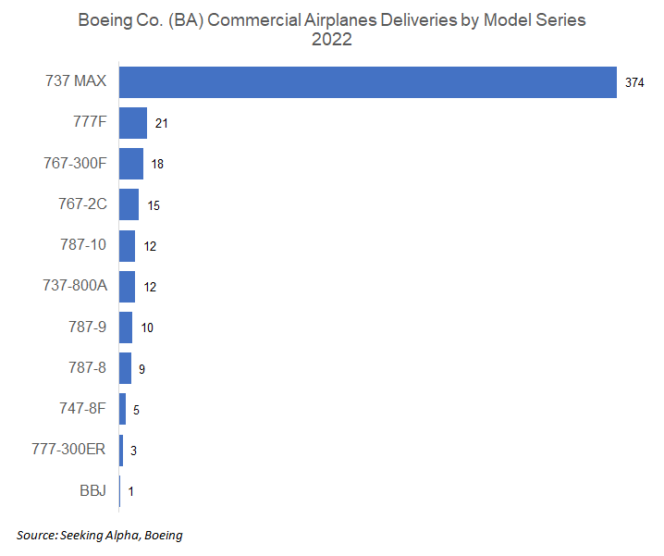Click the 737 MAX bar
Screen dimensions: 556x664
(x=368, y=81)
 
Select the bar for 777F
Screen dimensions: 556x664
(x=133, y=123)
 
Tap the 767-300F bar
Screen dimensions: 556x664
(x=131, y=164)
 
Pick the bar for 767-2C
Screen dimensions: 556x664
(x=129, y=204)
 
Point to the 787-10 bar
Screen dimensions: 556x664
(x=128, y=245)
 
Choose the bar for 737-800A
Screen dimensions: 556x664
(x=128, y=286)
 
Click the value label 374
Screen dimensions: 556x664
(x=634, y=82)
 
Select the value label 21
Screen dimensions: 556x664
(x=161, y=123)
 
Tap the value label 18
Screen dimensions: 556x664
(x=157, y=164)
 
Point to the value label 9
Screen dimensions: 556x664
(x=141, y=369)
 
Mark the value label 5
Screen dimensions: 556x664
(x=136, y=410)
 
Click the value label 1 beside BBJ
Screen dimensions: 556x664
(x=131, y=491)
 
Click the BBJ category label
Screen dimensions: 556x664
(x=92, y=490)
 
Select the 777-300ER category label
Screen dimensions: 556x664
(x=69, y=450)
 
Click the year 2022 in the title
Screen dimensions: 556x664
(x=331, y=40)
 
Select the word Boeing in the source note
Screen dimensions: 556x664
(x=162, y=535)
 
